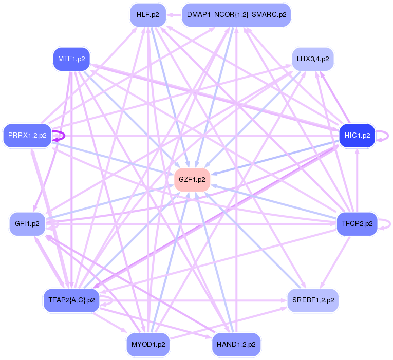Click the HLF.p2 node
tap(147, 15)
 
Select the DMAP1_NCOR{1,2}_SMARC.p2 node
tap(236, 15)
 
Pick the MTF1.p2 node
tap(71, 59)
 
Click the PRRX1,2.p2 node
tap(27, 136)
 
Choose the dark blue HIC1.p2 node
tap(358, 136)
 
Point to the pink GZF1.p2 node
tap(192, 179)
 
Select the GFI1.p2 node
tap(27, 224)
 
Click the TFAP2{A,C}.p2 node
tap(71, 300)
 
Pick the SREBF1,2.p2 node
tap(312, 300)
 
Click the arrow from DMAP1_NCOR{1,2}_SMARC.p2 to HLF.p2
tap(174, 15)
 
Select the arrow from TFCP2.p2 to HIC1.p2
tap(358, 180)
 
